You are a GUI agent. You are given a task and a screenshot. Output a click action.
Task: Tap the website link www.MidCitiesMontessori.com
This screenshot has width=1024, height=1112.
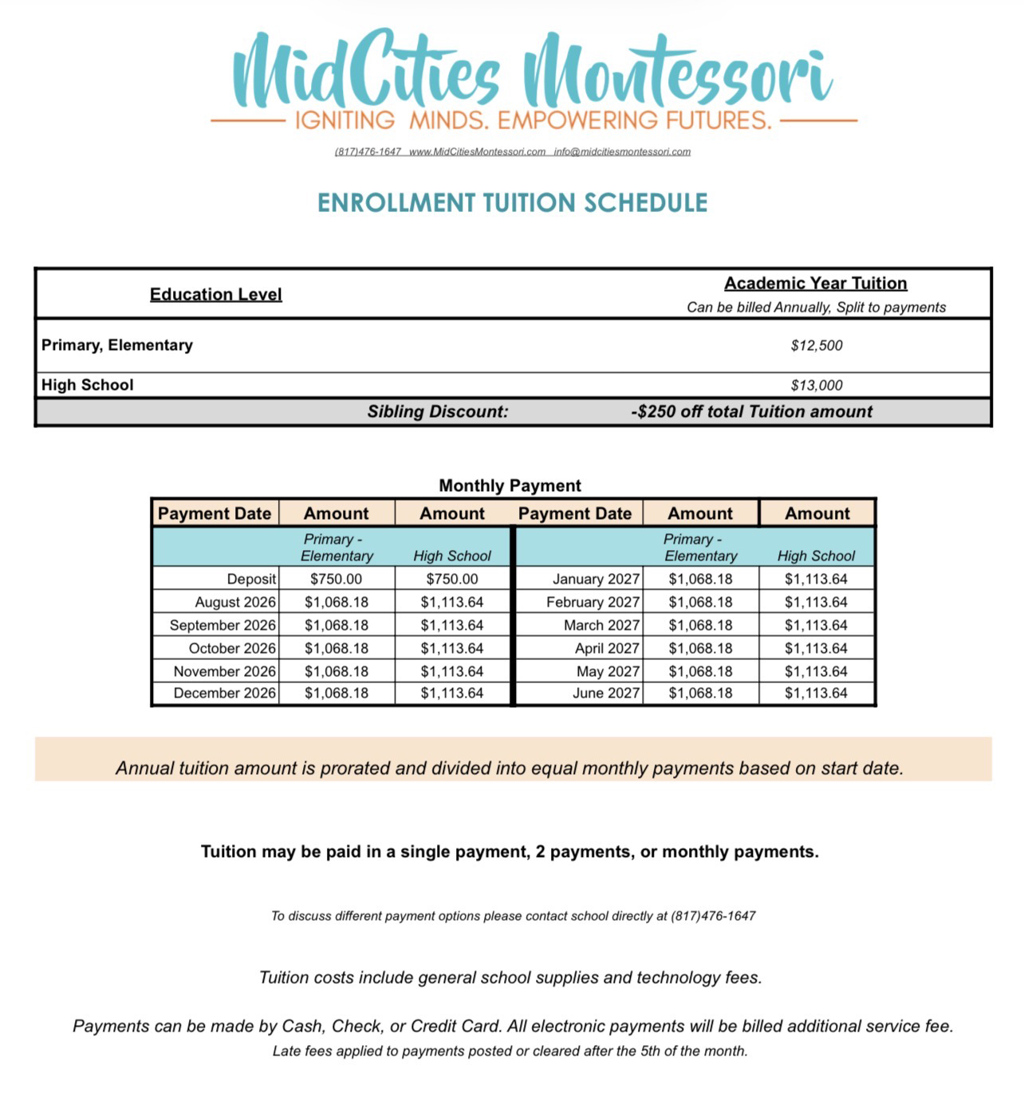(x=477, y=151)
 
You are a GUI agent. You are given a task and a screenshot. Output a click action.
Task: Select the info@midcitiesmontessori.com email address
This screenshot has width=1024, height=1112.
(x=622, y=151)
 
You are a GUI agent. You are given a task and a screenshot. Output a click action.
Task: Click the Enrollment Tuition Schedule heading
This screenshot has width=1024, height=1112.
(x=512, y=203)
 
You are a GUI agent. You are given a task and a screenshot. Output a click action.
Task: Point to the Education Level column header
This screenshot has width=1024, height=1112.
(x=215, y=294)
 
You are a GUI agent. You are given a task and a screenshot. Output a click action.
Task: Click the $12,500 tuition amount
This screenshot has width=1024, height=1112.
(x=816, y=345)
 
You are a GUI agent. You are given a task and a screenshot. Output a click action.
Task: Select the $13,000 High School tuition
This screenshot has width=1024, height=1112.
(x=816, y=385)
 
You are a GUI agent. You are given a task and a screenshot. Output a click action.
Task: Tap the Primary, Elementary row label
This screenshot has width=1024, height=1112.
(x=117, y=345)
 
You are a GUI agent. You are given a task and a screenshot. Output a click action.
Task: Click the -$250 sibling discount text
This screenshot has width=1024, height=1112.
(x=751, y=411)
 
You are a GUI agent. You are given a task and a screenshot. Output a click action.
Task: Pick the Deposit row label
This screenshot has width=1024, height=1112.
(x=251, y=579)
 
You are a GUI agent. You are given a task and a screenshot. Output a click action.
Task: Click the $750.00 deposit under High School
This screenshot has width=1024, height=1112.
(x=452, y=579)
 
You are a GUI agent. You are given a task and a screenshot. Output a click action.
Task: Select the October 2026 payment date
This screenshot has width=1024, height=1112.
(x=232, y=648)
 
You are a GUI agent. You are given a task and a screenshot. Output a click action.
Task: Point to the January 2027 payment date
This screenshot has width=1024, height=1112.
(x=596, y=579)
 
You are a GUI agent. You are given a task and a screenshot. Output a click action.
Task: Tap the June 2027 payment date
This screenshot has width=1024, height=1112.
(x=606, y=693)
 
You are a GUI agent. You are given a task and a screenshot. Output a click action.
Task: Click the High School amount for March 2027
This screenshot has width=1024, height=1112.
(x=816, y=625)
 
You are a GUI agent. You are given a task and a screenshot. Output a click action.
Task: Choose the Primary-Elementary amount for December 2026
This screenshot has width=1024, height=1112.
(x=337, y=693)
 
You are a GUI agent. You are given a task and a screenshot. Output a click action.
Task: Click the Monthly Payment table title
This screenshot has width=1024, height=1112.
(x=510, y=485)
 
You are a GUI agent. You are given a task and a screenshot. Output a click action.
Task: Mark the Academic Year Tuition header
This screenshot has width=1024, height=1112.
(x=815, y=283)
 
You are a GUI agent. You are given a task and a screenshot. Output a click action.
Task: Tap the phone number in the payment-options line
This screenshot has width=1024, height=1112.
(x=713, y=916)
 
